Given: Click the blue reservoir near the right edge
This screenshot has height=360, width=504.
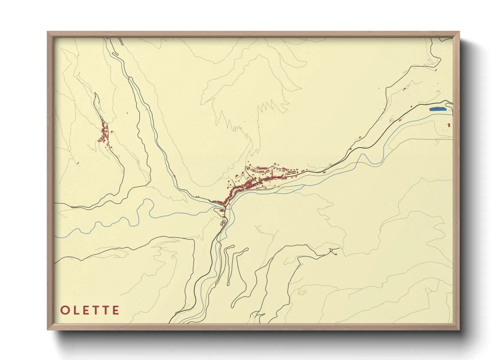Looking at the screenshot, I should click(437, 109).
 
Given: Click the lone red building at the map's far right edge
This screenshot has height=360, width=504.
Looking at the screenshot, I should click(449, 125).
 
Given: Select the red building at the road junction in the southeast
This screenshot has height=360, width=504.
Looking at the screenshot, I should click(336, 253).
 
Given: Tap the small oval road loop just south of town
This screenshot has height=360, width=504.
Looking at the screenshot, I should click(223, 223).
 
